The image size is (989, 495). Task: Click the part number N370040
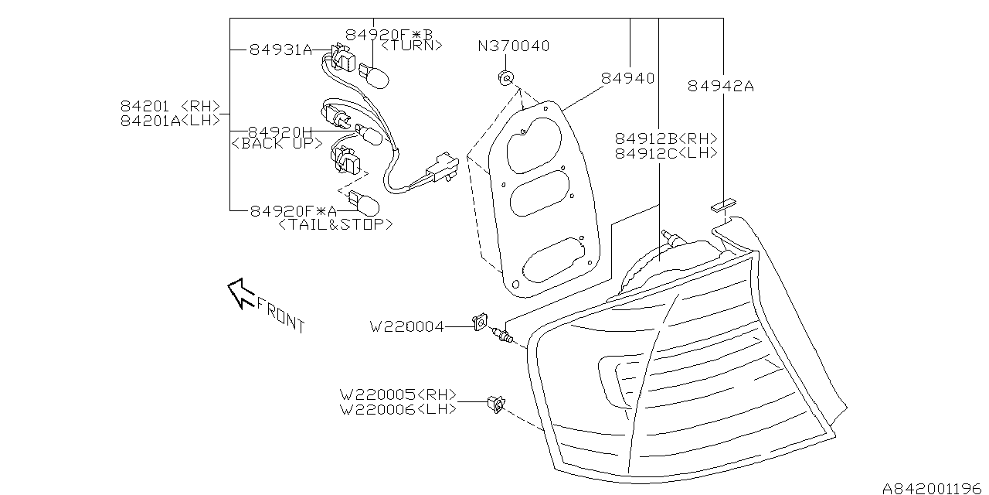tap(513, 46)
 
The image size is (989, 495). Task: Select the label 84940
tap(627, 78)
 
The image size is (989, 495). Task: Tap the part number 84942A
tap(720, 87)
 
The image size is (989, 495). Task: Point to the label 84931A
tap(280, 50)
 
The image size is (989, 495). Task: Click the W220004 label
tap(407, 327)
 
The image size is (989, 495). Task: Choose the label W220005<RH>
tap(399, 394)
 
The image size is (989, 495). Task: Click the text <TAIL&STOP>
tap(335, 224)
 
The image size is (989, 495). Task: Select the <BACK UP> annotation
tap(277, 144)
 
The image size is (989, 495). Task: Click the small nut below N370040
tap(506, 77)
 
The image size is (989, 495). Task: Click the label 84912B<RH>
tap(666, 138)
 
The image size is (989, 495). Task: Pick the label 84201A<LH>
tap(170, 120)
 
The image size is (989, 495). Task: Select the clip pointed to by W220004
tap(481, 319)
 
